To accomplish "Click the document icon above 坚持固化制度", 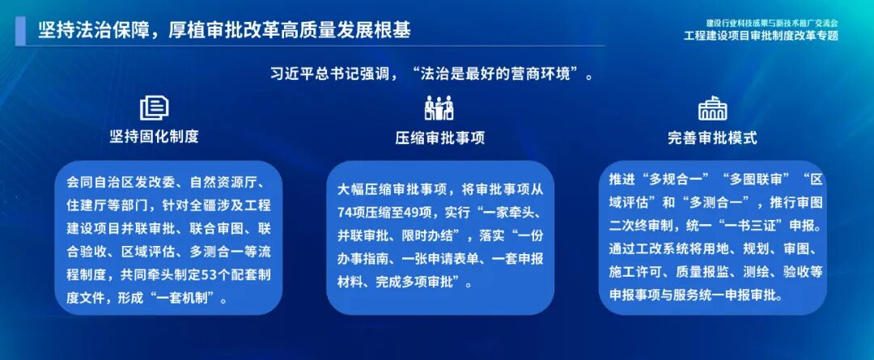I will [x=154, y=108].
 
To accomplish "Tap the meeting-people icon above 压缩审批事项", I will [x=439, y=108].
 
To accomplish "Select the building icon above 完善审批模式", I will [x=712, y=108].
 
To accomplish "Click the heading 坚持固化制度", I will [x=154, y=137].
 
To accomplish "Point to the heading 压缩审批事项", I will [x=439, y=138].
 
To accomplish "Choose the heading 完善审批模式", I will [x=712, y=138].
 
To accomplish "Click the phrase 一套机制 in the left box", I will [x=189, y=299].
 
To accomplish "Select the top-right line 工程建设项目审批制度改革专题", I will [x=761, y=36].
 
